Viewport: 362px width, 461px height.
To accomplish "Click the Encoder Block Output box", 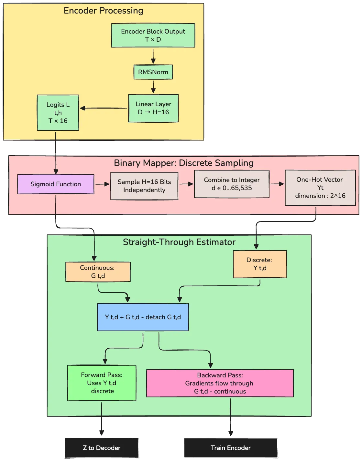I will (153, 36).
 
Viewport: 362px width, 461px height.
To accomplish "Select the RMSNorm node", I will (153, 72).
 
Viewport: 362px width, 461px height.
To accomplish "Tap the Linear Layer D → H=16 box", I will (153, 108).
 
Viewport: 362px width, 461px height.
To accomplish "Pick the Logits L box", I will (58, 113).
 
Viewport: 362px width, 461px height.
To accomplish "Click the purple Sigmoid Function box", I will (56, 184).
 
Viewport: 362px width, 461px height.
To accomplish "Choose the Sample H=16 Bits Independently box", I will (144, 186).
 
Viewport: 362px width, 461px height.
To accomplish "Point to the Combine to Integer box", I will (232, 184).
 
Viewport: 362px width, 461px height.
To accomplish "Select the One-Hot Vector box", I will (320, 188).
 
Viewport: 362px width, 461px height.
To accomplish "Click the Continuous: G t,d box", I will (98, 272).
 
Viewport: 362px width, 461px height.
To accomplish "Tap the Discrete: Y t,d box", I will (260, 264).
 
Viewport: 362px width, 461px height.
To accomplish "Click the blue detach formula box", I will (143, 317).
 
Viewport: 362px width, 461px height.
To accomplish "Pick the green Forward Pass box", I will (102, 383).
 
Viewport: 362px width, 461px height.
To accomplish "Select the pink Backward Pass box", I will (220, 383).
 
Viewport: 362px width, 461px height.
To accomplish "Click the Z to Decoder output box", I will (101, 448).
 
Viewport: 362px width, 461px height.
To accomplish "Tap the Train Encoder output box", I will (231, 448).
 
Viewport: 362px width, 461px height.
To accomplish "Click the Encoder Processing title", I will (103, 11).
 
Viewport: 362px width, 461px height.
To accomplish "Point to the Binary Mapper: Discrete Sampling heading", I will (183, 163).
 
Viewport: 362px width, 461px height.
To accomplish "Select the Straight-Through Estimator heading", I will (179, 242).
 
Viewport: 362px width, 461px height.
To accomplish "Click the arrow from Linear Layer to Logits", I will (104, 108).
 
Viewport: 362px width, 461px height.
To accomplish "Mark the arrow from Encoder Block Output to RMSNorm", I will (153, 56).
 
